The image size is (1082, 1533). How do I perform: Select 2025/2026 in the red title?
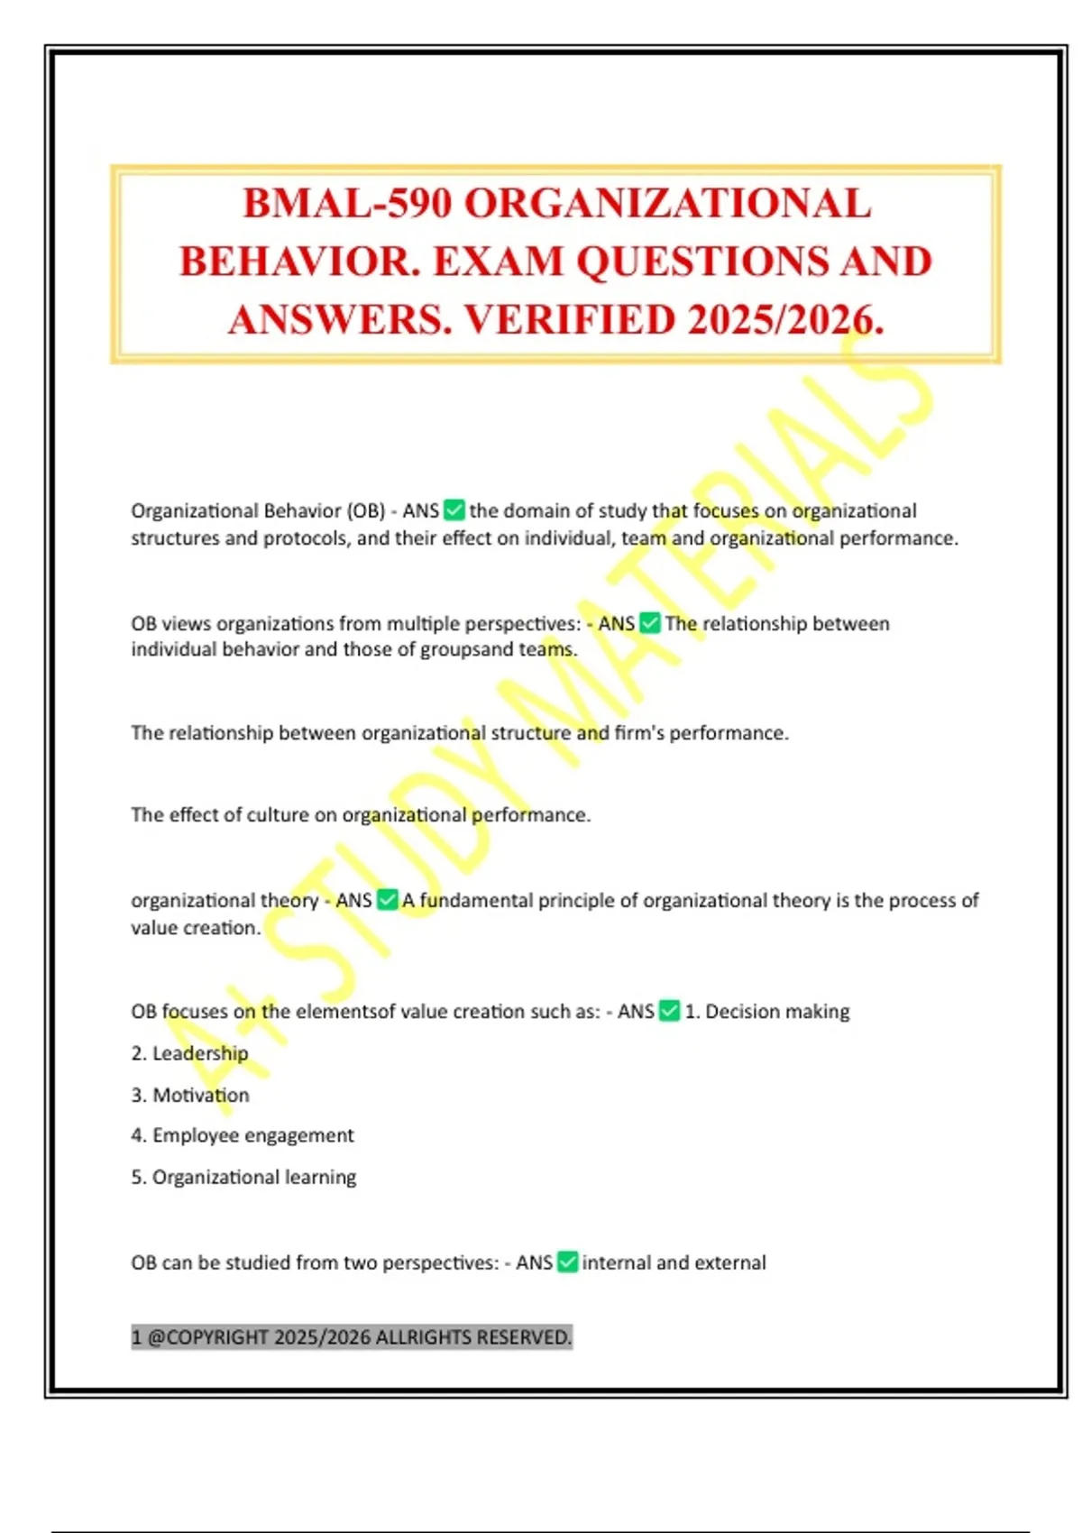(784, 320)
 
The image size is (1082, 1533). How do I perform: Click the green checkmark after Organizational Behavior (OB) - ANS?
(455, 510)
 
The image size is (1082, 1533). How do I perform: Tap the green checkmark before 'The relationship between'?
(650, 623)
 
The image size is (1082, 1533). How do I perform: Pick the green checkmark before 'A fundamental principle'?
(388, 900)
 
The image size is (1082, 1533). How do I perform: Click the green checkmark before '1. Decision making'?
(670, 1011)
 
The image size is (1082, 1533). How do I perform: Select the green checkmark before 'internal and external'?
(568, 1262)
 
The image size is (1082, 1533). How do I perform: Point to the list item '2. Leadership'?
(189, 1053)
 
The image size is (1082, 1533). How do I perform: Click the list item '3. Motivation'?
(190, 1095)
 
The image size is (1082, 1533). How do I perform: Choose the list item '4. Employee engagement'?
(243, 1135)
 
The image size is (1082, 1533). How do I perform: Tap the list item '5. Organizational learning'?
(243, 1177)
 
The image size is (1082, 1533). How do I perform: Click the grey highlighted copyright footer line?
(352, 1336)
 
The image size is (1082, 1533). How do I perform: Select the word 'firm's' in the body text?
(639, 733)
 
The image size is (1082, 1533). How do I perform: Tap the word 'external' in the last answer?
(730, 1262)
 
